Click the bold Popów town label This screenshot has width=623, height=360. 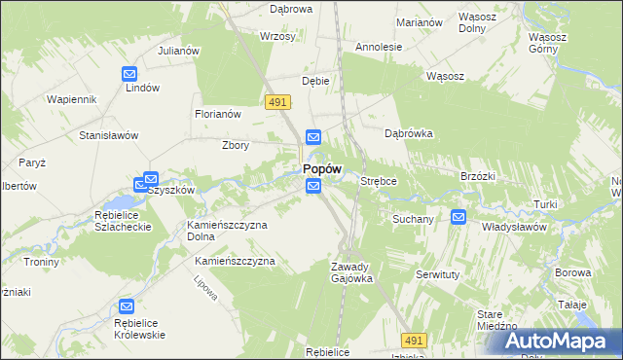(321, 168)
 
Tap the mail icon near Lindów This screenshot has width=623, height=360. (129, 73)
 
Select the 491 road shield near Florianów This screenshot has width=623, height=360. (277, 101)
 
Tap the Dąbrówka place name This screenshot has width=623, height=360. (408, 133)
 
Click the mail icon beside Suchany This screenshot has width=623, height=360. (458, 217)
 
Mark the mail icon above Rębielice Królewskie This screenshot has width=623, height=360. (126, 306)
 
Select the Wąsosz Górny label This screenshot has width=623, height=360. (547, 43)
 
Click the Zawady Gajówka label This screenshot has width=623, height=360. (351, 272)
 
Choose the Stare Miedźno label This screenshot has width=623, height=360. (495, 320)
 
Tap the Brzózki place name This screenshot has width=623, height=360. (478, 176)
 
